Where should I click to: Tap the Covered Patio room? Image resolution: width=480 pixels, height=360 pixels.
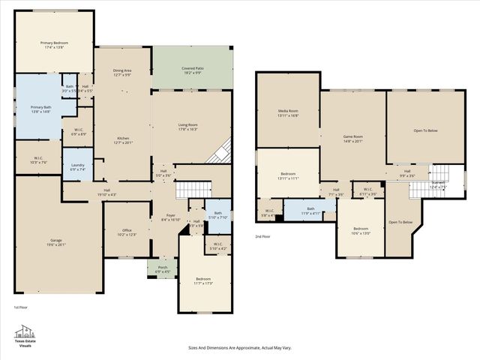193,70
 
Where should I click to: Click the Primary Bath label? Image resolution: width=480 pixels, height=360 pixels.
40,109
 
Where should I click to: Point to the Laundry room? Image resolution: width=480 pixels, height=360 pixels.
78,166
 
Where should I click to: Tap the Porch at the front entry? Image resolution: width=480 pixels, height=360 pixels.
163,268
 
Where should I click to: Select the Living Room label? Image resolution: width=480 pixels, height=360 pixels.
187,126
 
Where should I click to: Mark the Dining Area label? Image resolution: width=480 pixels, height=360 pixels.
122,72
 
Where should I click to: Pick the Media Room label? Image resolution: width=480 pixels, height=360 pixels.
289,113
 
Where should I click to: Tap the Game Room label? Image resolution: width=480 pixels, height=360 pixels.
352,138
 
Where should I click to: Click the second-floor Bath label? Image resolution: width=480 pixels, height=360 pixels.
310,211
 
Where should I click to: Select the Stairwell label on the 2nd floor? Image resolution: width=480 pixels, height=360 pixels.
439,185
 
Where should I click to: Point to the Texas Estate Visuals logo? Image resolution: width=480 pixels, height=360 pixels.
25,335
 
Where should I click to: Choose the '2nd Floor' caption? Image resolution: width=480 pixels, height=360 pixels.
262,236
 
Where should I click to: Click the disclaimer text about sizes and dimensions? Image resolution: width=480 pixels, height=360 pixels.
239,348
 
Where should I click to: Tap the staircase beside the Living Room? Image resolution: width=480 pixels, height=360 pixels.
218,152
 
